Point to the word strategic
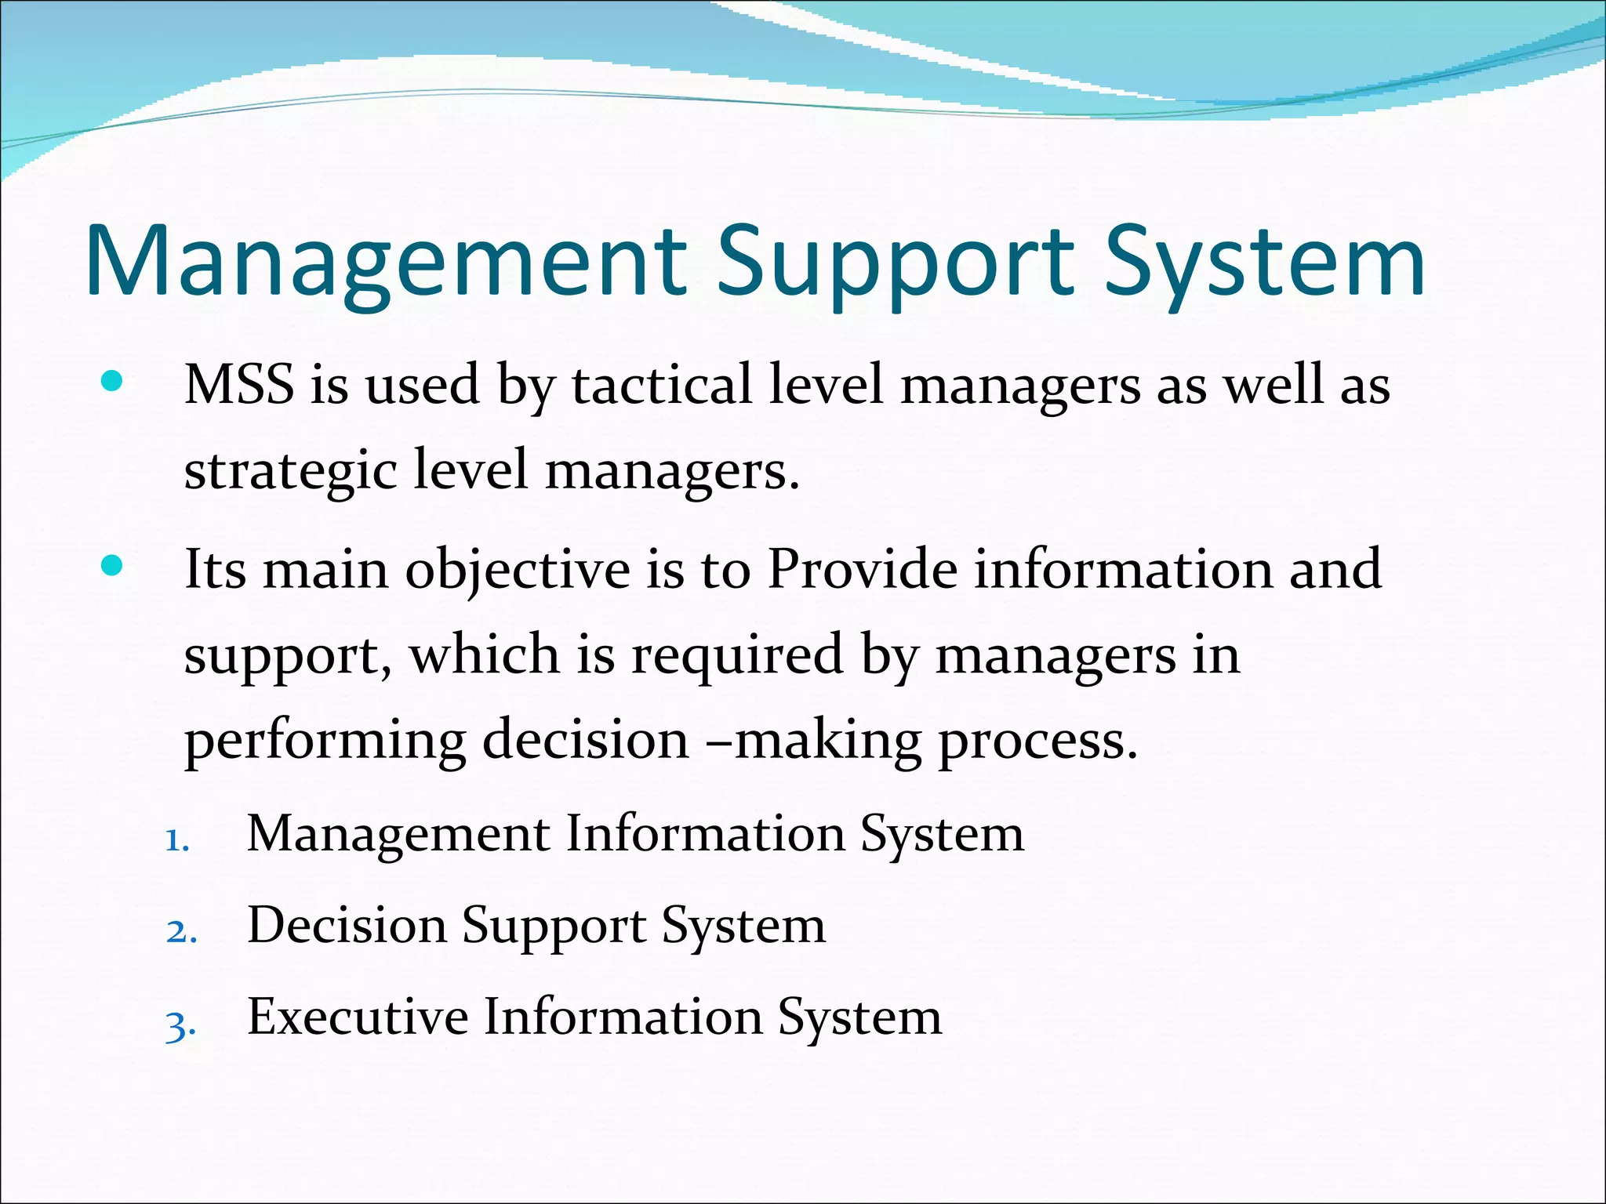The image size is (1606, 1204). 290,471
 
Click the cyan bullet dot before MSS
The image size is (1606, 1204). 112,382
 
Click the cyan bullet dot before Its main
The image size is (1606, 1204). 112,565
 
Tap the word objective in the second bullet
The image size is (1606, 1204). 518,570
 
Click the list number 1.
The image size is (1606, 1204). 178,842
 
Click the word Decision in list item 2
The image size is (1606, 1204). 346,926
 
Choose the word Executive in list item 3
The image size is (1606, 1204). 357,1017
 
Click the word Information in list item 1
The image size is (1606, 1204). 705,833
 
